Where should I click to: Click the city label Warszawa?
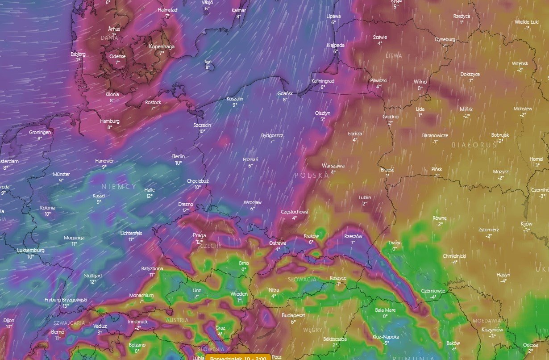coord(333,166)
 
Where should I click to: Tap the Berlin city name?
coord(178,156)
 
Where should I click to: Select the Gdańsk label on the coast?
coord(285,93)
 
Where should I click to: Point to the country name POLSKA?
coord(312,176)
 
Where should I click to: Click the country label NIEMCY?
coord(119,186)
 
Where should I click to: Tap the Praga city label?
coord(199,235)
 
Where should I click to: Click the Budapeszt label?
coord(293,315)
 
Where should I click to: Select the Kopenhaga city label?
coord(162,46)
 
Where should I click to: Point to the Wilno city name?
coord(420,82)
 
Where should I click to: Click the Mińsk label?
coord(466,109)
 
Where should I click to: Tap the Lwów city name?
coord(395,243)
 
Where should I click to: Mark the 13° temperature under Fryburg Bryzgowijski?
coord(66,306)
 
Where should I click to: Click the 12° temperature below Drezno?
coord(185,210)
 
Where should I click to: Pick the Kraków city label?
coord(311,236)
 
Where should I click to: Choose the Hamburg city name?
coord(110,121)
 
